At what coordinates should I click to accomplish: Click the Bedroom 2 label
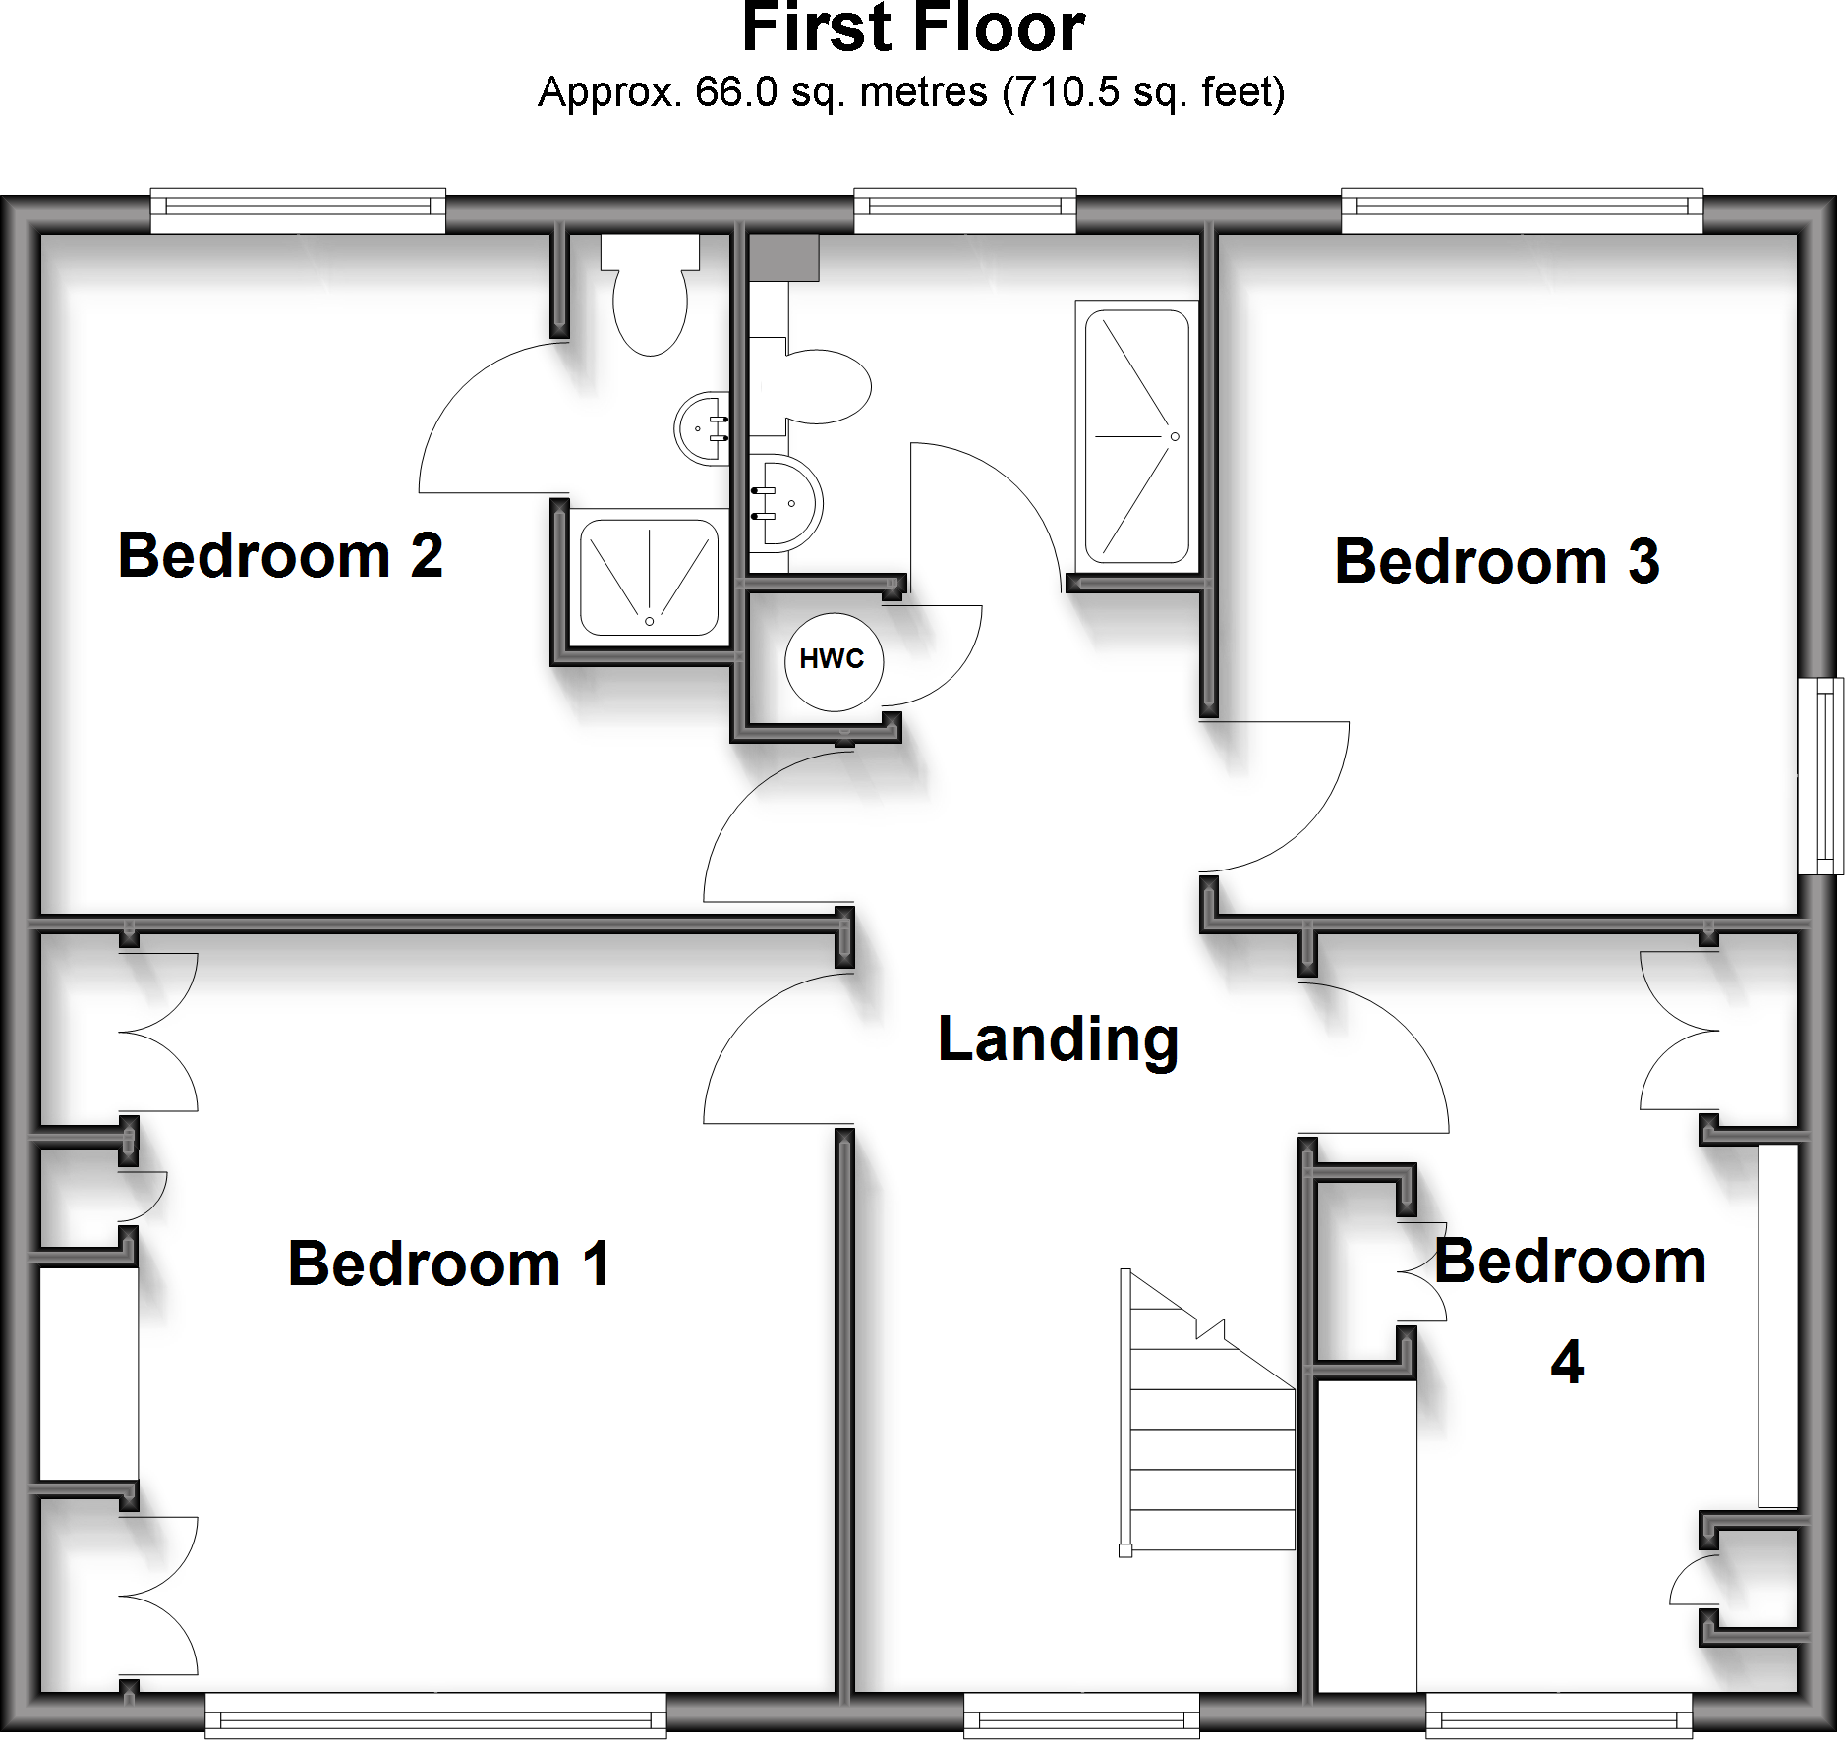(280, 556)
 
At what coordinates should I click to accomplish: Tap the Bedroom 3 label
(1496, 562)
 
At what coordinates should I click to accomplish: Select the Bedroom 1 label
(448, 1263)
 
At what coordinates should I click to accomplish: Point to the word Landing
(1058, 1039)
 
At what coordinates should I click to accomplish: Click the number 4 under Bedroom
(1567, 1363)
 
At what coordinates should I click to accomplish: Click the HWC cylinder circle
(834, 661)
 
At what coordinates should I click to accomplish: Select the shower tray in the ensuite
(649, 578)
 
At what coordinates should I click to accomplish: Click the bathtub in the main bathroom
(1137, 436)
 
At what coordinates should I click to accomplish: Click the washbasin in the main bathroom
(786, 502)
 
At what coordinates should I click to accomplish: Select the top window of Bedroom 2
(298, 209)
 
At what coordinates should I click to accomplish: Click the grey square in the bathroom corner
(783, 257)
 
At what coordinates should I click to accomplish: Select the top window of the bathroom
(964, 209)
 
